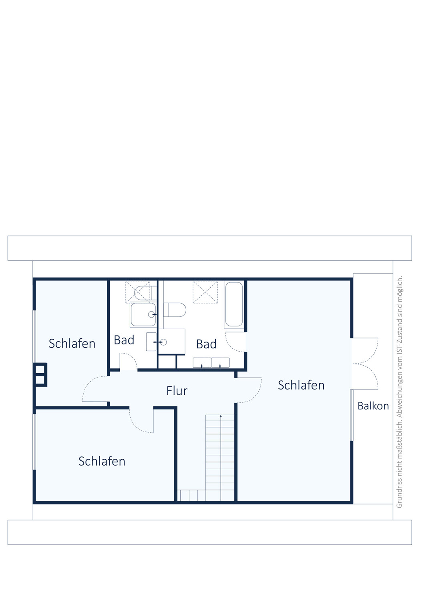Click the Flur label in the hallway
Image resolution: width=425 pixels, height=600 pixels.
click(x=177, y=391)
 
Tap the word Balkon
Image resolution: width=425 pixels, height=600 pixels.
click(x=373, y=406)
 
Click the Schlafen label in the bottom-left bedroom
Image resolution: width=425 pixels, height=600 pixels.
click(x=102, y=461)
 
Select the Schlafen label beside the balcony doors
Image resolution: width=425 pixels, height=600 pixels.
click(x=301, y=385)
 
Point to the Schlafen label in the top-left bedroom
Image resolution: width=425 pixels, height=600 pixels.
click(x=72, y=344)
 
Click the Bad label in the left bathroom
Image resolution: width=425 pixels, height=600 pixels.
click(x=124, y=340)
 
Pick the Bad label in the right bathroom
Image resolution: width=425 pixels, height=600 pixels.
click(x=206, y=344)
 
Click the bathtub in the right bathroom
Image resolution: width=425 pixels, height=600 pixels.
click(x=234, y=304)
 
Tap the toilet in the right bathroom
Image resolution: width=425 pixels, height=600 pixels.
click(x=175, y=310)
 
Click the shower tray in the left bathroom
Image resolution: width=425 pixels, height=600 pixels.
click(x=143, y=315)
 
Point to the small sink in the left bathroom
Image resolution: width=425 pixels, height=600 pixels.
click(x=151, y=342)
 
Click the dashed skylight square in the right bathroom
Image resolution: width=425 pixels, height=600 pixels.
click(x=205, y=292)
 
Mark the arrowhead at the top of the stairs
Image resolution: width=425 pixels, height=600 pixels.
click(x=221, y=416)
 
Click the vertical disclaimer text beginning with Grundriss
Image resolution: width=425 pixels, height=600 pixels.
click(x=399, y=392)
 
